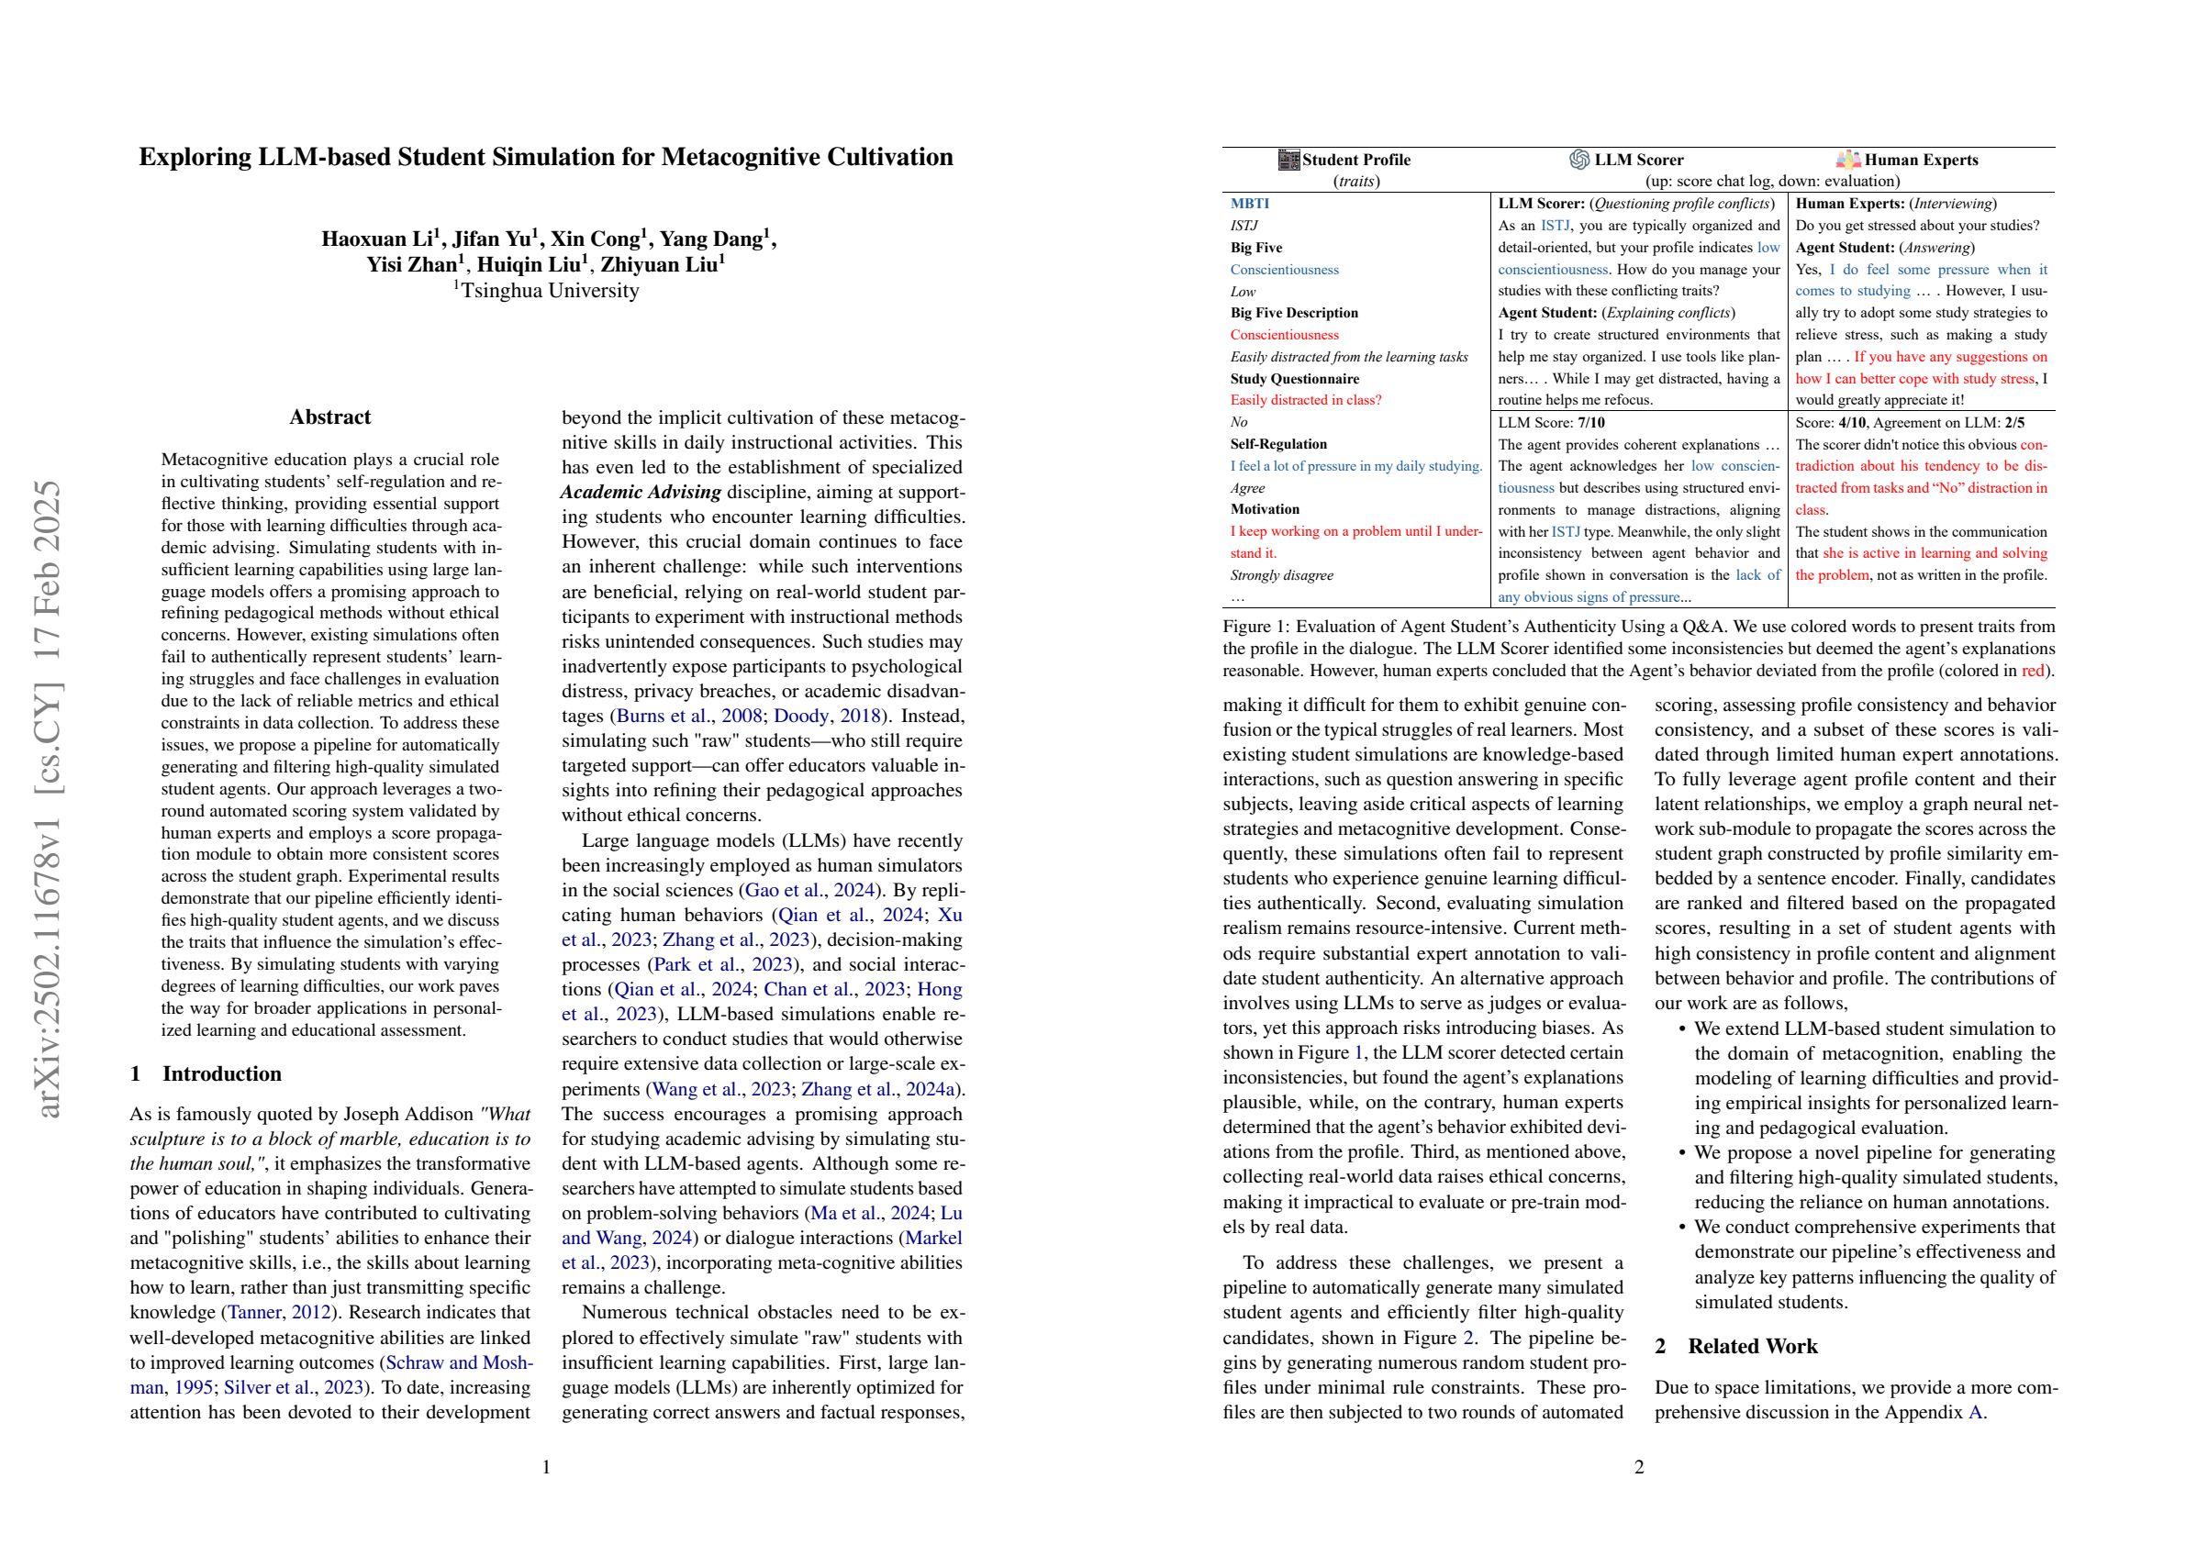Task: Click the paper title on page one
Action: coord(545,157)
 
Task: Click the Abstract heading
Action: coord(329,417)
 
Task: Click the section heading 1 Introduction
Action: coord(206,1073)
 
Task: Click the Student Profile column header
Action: coord(1355,160)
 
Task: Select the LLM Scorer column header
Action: coord(1637,160)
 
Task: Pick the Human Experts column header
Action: coord(1920,160)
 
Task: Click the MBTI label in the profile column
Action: coord(1249,204)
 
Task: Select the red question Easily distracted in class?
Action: coord(1305,401)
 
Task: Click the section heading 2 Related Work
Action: coord(1735,1346)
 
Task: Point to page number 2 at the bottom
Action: coord(1638,1468)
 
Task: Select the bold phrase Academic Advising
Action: coord(640,492)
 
